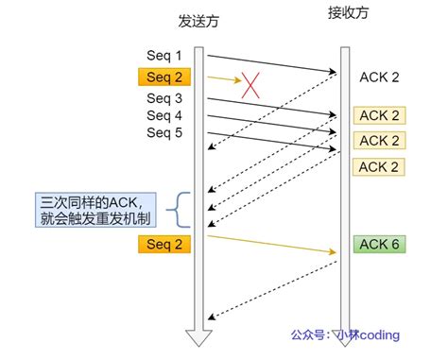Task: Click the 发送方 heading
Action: coord(199,21)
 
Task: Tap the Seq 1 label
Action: coord(165,56)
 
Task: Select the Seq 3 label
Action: coord(165,98)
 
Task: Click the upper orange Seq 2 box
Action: coord(164,77)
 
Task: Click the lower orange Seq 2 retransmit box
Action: coord(164,245)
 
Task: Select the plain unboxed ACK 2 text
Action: coord(379,77)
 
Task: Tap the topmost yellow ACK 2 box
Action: coord(379,115)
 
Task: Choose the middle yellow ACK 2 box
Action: coord(379,140)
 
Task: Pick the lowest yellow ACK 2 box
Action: coord(379,167)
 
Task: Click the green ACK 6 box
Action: coord(379,244)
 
